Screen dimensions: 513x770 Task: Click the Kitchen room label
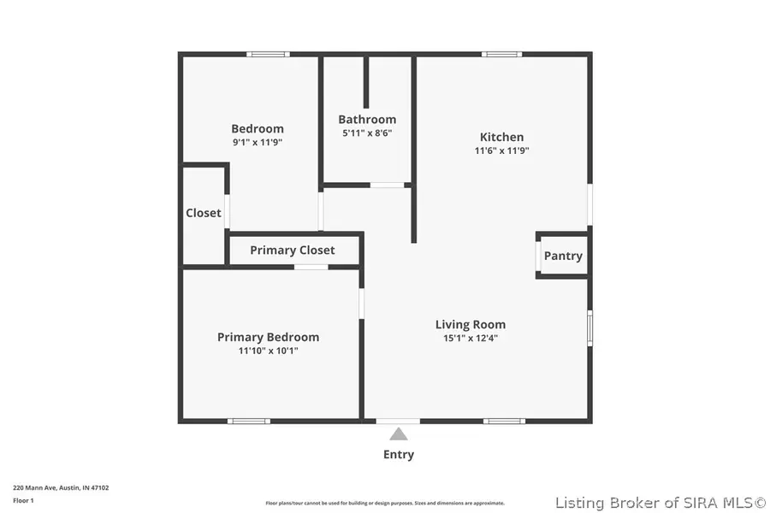501,137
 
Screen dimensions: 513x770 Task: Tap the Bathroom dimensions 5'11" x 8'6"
367,133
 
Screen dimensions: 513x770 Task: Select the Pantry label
563,256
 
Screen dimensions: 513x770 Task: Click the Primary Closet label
293,250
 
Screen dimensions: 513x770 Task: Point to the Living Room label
470,324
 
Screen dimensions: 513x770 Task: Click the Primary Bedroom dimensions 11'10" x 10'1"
268,351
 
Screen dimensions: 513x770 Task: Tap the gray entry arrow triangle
399,434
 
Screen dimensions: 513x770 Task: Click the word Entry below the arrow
399,455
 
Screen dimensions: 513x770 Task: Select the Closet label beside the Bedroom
204,213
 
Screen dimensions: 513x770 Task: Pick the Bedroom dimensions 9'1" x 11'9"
258,143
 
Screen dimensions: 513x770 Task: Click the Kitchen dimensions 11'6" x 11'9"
501,150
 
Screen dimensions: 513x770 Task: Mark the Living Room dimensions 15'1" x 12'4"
470,338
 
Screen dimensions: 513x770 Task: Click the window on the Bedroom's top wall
268,55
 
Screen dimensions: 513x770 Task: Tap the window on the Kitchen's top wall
501,55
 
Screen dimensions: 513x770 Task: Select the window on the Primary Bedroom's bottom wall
249,421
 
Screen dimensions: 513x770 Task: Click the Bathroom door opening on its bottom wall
387,185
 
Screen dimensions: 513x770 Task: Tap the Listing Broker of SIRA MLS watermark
660,502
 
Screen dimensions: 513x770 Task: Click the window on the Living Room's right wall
589,327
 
